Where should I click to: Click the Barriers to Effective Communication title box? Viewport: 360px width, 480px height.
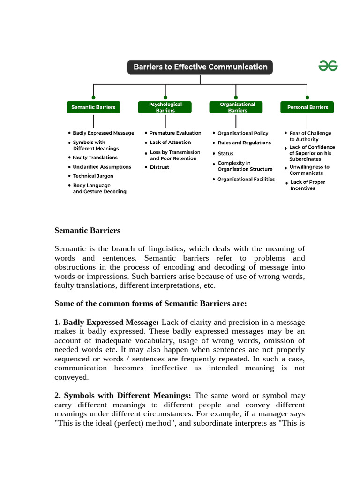tap(200, 67)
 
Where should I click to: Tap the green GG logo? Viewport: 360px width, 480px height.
tap(328, 67)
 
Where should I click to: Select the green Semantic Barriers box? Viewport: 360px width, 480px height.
tap(93, 107)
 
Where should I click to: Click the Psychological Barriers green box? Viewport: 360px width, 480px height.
tap(165, 107)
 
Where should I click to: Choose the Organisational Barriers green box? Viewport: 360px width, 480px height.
tap(237, 107)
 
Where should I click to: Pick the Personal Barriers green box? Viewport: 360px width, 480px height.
tap(307, 107)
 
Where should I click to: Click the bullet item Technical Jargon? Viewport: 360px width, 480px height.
tap(93, 176)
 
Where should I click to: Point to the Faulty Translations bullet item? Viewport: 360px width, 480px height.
tap(95, 157)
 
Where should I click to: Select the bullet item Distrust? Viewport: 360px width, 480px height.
tap(159, 167)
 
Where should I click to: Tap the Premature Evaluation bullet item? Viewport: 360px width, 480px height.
tap(175, 133)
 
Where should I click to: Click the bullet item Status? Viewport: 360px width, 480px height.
tap(225, 154)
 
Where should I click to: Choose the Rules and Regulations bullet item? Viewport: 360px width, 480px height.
tap(244, 143)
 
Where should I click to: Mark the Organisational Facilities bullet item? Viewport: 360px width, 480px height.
tap(246, 179)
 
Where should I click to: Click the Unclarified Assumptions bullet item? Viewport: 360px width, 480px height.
tap(102, 167)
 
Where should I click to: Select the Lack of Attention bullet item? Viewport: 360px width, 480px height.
tap(170, 142)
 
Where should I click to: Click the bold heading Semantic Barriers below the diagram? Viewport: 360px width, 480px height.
tap(87, 230)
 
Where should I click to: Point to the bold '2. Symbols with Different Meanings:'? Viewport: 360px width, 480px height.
tap(123, 396)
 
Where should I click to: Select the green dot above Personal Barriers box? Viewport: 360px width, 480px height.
tap(307, 97)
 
